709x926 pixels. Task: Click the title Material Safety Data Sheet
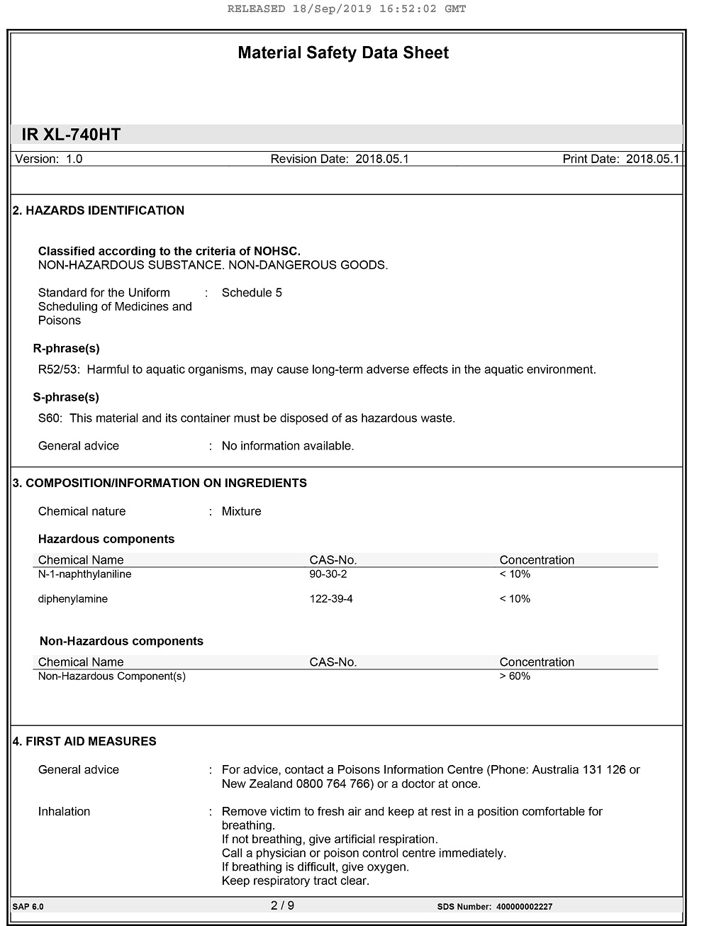coord(343,53)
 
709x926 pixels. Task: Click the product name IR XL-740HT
coord(71,135)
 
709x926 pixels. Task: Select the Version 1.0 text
coord(49,159)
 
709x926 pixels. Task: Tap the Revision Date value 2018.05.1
coord(382,159)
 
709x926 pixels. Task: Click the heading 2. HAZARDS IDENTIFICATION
coord(99,211)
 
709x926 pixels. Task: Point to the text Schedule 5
coord(252,293)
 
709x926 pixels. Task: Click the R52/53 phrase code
coord(59,369)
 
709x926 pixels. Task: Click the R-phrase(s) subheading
coord(66,349)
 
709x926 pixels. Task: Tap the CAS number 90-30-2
coord(328,574)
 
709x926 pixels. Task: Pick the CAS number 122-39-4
coord(331,599)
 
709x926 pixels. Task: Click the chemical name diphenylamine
coord(73,599)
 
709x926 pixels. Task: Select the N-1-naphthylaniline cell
coord(84,574)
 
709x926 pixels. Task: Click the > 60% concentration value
coord(515,676)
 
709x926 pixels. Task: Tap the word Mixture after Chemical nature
coord(241,512)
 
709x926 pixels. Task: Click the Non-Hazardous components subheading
coord(121,642)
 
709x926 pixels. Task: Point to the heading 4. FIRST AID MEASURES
coord(84,742)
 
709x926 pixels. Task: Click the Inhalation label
coord(64,812)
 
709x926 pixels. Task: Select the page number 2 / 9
coord(282,905)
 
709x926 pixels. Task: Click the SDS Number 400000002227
coord(524,907)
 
